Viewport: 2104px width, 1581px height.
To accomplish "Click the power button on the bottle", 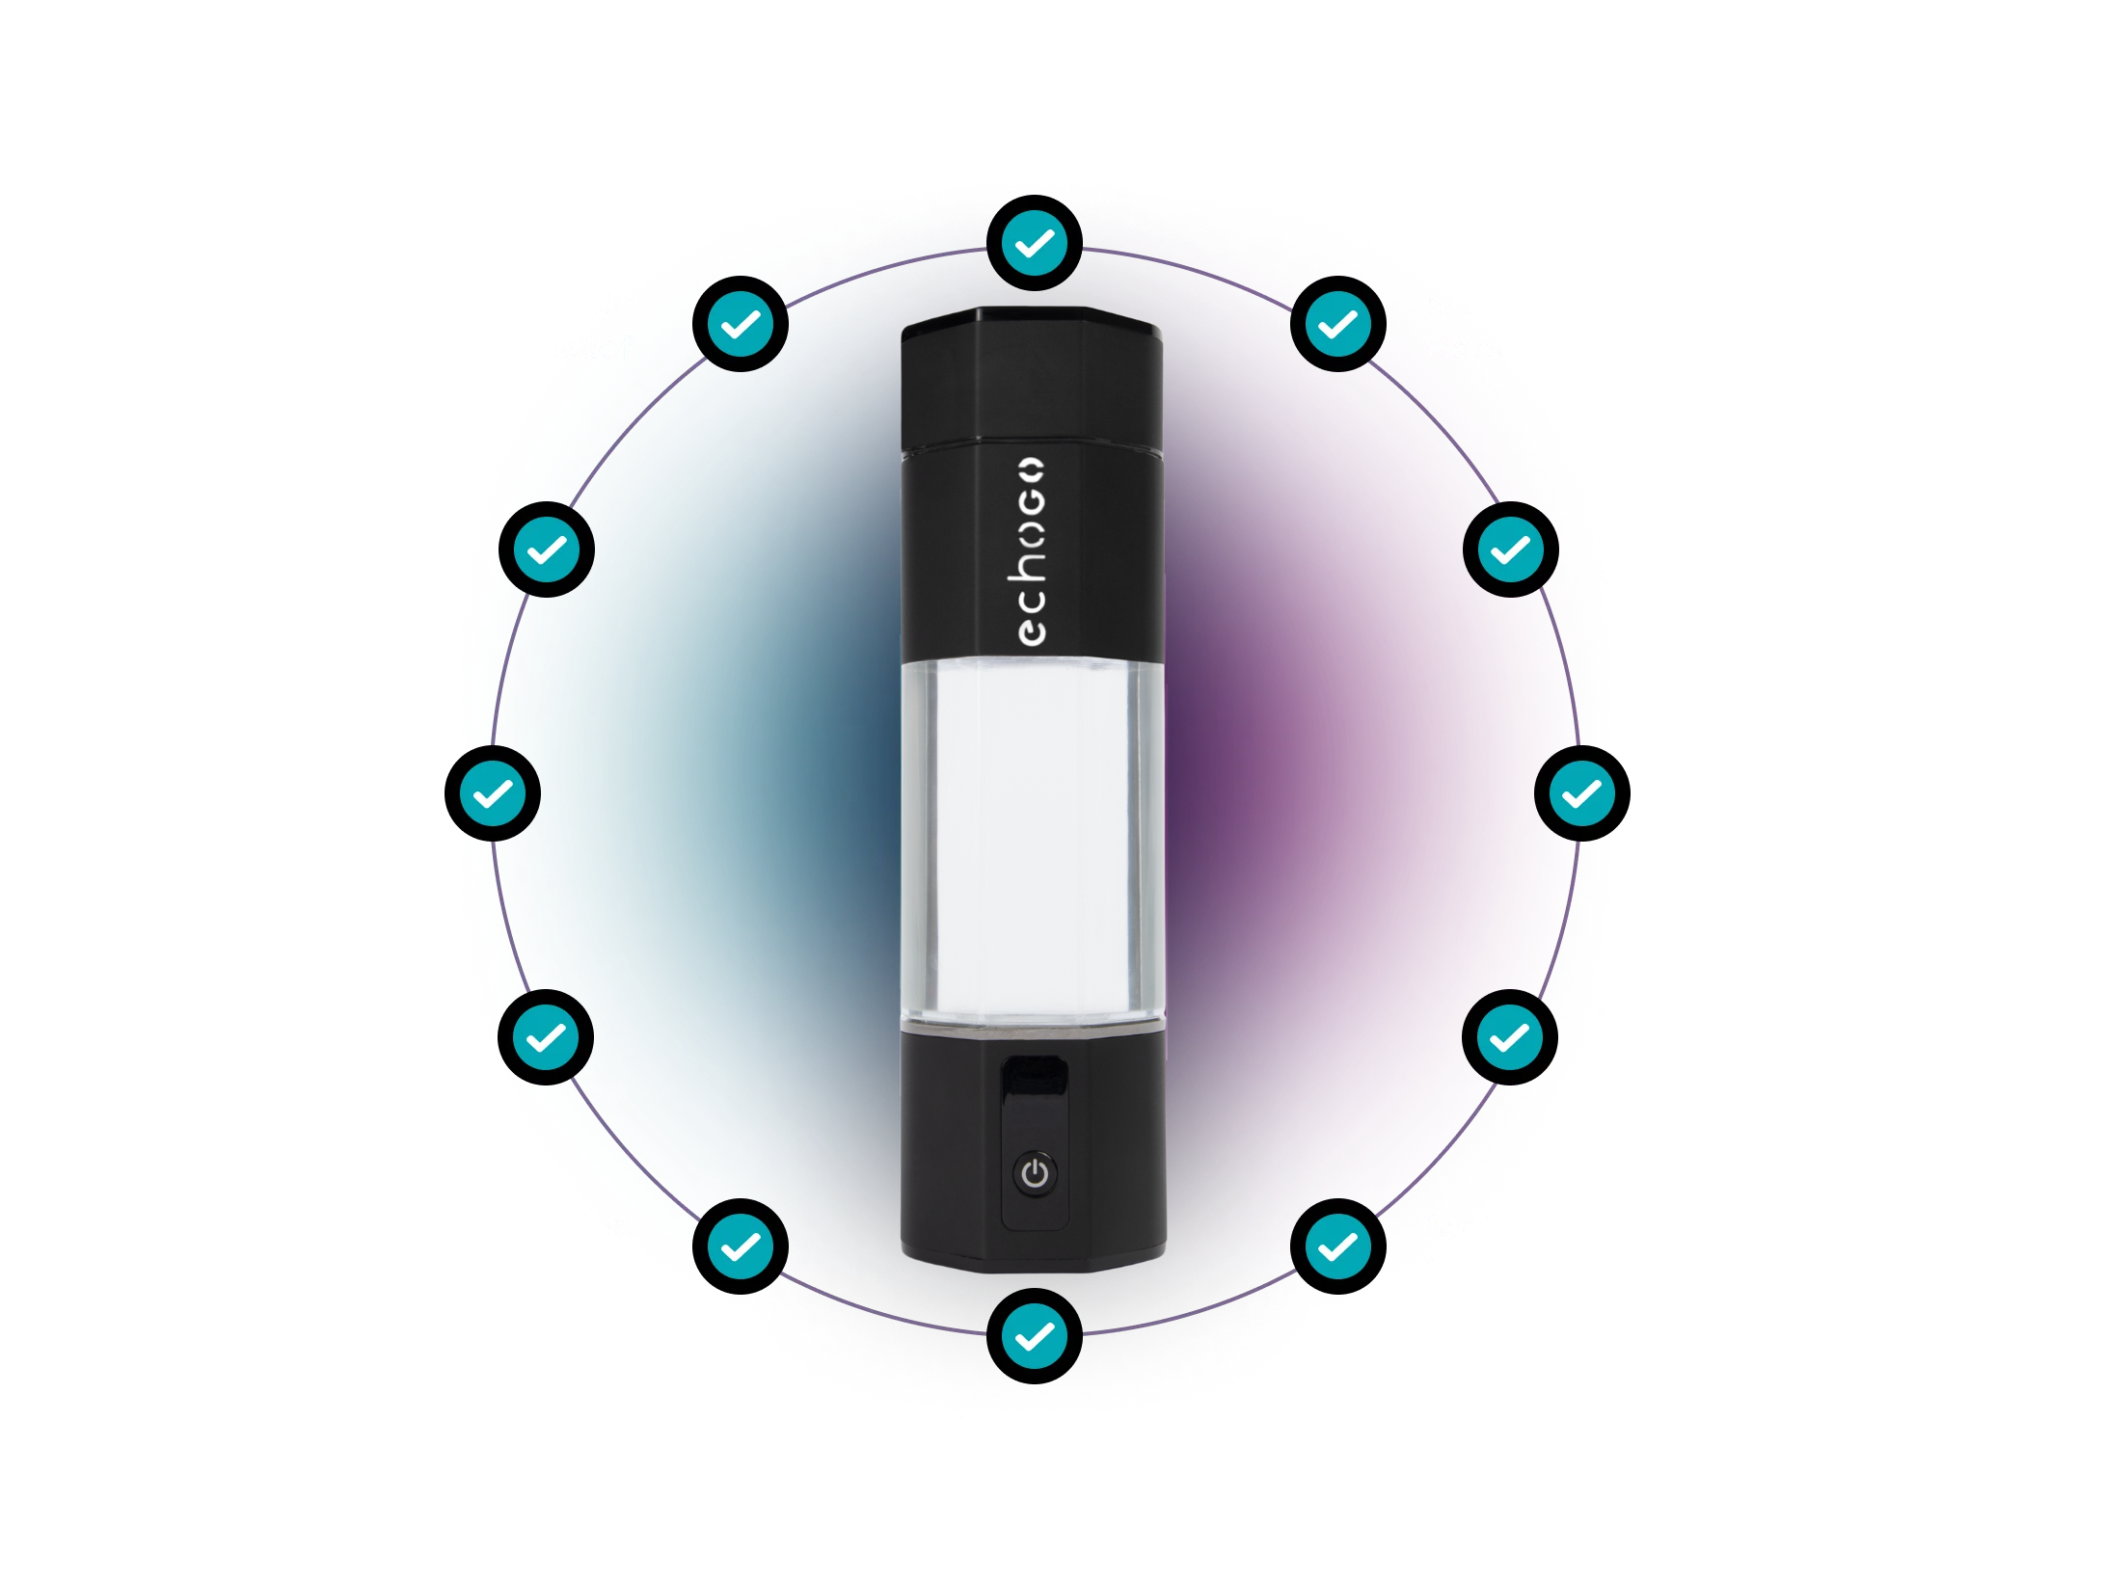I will [x=1035, y=1174].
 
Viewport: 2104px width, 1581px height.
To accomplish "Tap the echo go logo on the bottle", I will [x=1032, y=551].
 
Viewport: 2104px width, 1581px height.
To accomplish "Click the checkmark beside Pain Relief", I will [x=741, y=325].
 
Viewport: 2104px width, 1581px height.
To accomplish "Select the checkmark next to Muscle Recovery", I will [x=1337, y=325].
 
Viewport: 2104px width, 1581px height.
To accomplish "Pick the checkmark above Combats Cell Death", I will [x=1034, y=1336].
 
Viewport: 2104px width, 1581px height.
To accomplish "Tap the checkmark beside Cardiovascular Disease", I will [x=1581, y=793].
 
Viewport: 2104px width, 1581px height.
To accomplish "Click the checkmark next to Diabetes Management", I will [x=546, y=1037].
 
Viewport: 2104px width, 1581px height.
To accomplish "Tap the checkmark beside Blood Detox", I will [x=1509, y=1037].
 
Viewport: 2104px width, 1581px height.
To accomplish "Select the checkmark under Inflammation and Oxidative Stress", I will [x=1034, y=243].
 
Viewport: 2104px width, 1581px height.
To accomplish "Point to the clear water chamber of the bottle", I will [x=1032, y=839].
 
